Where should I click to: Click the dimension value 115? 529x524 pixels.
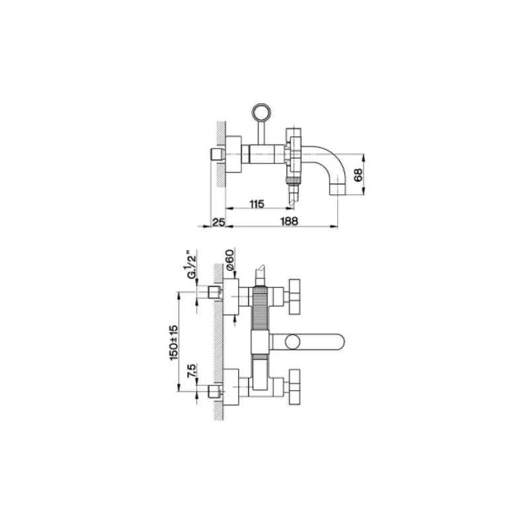[x=257, y=205]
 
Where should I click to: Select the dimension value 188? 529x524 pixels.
[x=289, y=222]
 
